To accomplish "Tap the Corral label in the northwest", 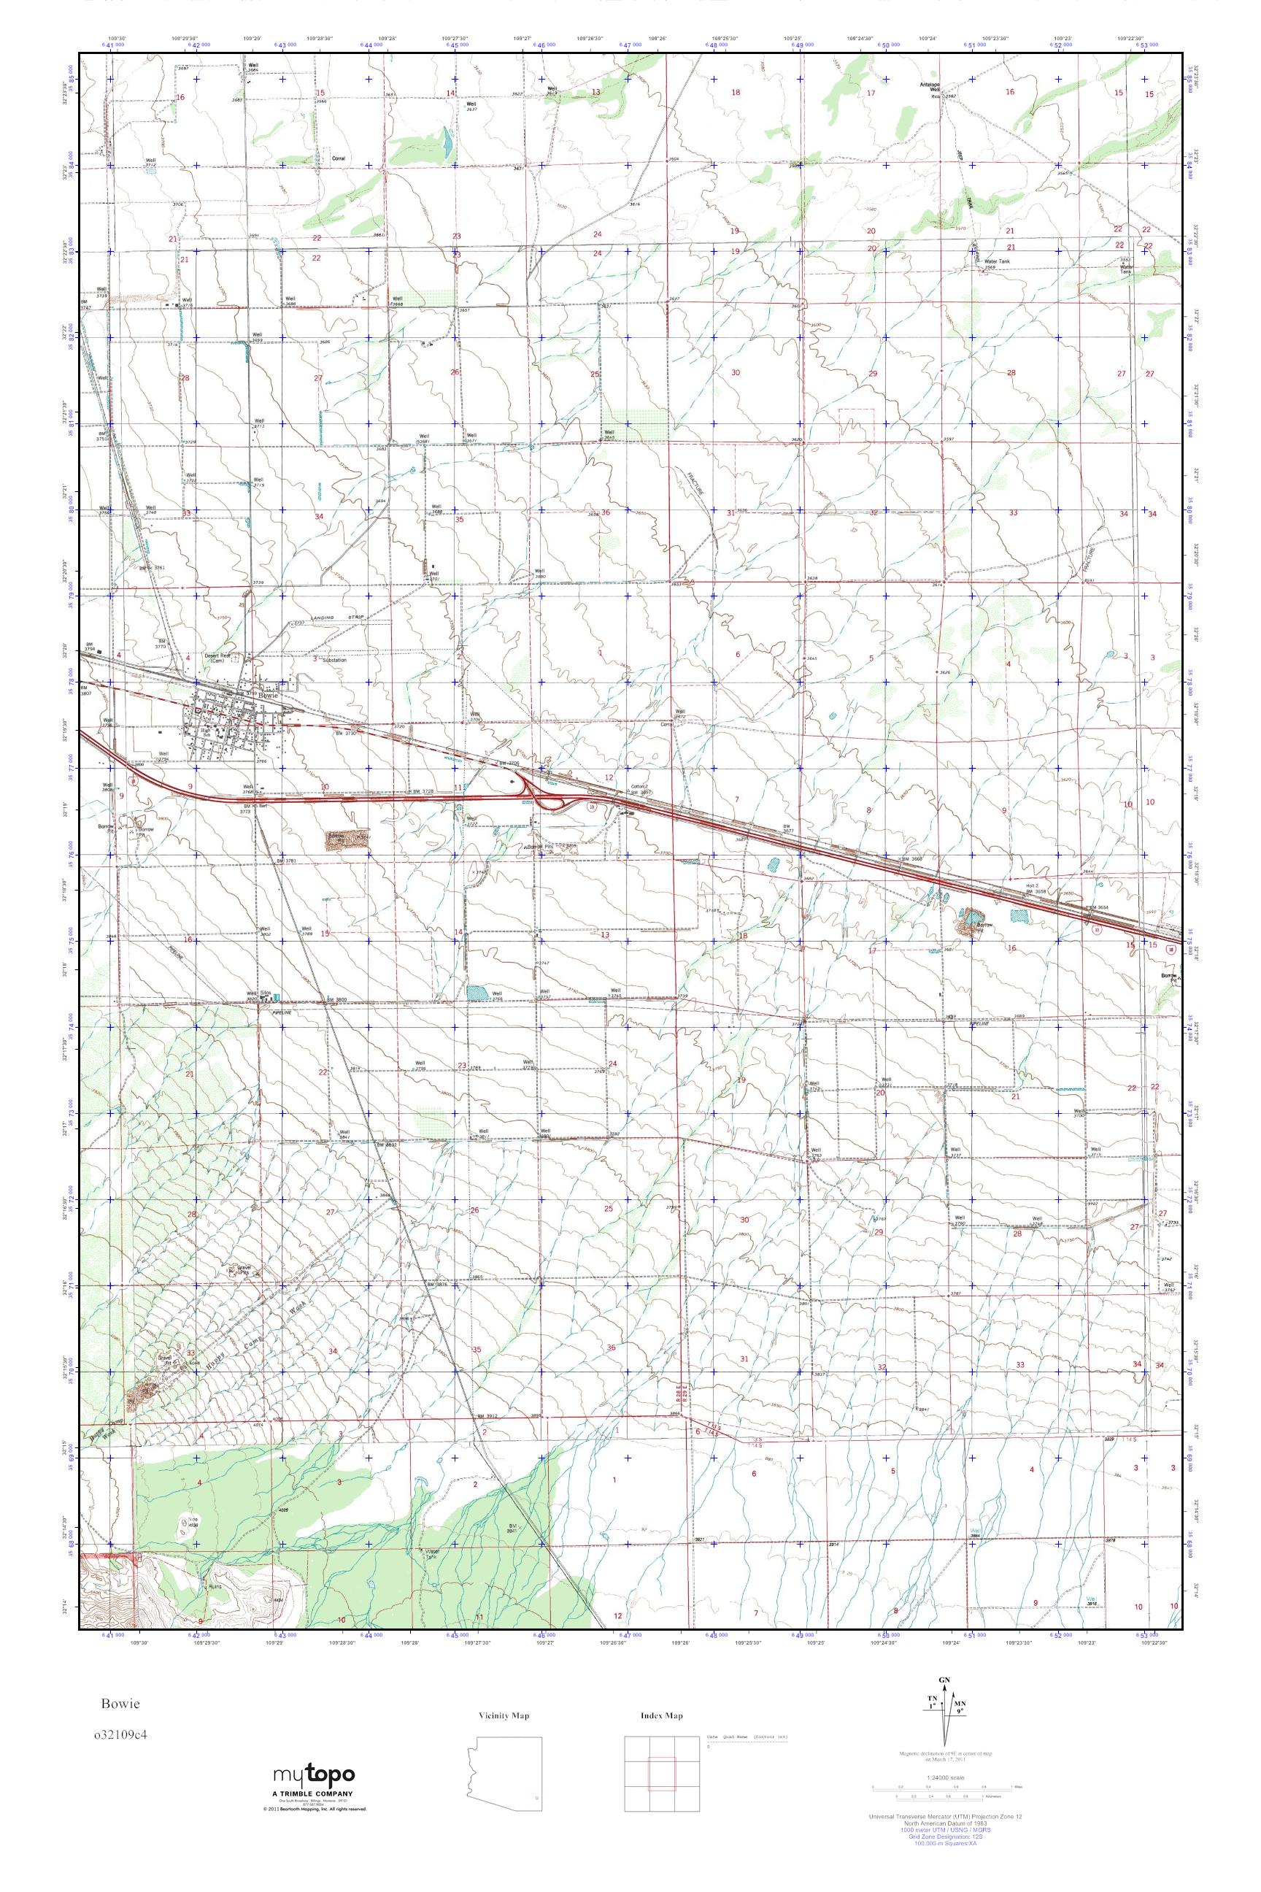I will click(339, 158).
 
